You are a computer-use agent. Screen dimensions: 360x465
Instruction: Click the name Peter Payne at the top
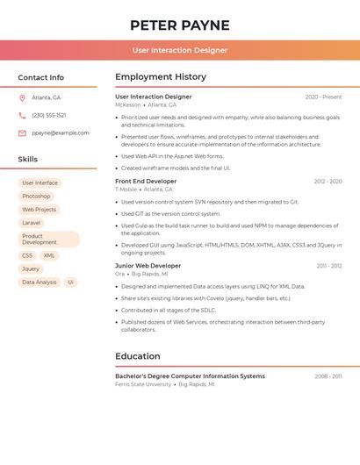pos(179,25)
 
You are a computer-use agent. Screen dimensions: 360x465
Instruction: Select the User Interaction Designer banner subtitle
pos(180,50)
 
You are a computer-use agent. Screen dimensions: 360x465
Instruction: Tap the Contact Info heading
pos(41,77)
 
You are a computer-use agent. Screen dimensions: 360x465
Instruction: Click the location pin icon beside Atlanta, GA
pos(22,97)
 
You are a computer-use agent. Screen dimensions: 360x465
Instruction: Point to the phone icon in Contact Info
pos(22,115)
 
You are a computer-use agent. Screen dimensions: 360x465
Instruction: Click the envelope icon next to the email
pos(22,133)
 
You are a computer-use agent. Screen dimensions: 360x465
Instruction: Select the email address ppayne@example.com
pos(61,133)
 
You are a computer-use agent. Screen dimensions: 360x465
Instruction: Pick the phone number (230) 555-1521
pos(49,115)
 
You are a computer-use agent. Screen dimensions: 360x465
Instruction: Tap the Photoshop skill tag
pos(36,197)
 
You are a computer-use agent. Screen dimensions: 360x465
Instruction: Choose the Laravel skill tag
pos(32,223)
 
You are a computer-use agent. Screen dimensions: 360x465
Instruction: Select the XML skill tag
pos(49,255)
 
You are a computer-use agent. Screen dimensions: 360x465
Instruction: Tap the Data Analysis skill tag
pos(40,283)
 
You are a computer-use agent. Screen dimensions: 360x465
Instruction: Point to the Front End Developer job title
pos(146,181)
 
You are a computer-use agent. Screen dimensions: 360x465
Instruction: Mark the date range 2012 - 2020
pos(328,182)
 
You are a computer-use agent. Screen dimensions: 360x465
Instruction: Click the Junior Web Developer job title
pos(147,266)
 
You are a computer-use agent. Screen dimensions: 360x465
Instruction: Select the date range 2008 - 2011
pos(328,376)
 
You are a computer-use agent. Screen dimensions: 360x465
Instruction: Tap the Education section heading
pos(138,356)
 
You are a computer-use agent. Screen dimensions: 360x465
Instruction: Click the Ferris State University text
pos(143,384)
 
